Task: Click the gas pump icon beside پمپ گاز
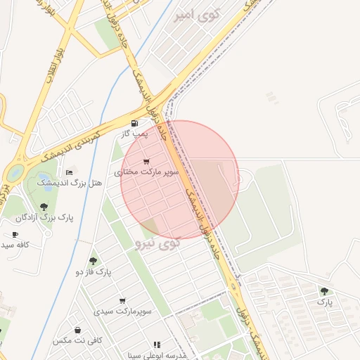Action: point(134,122)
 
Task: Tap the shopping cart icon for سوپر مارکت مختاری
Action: point(146,162)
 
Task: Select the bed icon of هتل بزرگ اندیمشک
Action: point(69,172)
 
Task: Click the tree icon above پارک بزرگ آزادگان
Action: point(44,207)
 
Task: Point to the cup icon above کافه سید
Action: point(15,234)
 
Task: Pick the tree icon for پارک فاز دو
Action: point(94,261)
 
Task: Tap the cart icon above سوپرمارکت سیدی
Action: point(122,300)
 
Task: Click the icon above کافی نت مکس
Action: point(77,330)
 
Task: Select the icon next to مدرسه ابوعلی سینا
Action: point(157,345)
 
